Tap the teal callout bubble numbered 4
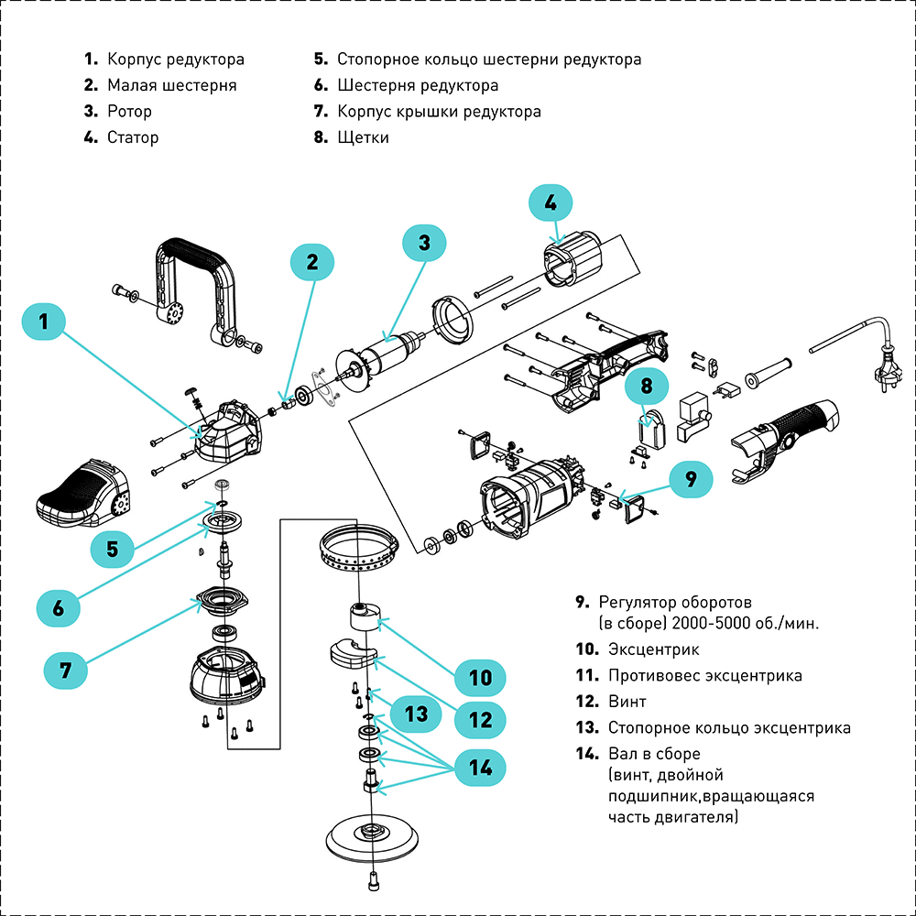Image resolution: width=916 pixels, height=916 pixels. (x=550, y=202)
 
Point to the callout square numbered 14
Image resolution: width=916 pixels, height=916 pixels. (x=481, y=765)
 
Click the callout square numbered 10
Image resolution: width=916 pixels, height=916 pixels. (x=481, y=678)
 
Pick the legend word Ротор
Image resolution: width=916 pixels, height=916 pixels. (x=129, y=112)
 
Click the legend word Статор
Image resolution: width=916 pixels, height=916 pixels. (x=133, y=137)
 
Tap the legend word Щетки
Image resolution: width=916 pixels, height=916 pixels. (x=363, y=137)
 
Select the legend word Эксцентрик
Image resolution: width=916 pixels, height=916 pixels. (x=653, y=649)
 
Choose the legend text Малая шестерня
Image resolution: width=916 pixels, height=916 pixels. (x=171, y=85)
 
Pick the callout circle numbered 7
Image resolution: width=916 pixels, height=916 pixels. (x=66, y=669)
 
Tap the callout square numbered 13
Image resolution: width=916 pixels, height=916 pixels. (x=417, y=713)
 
